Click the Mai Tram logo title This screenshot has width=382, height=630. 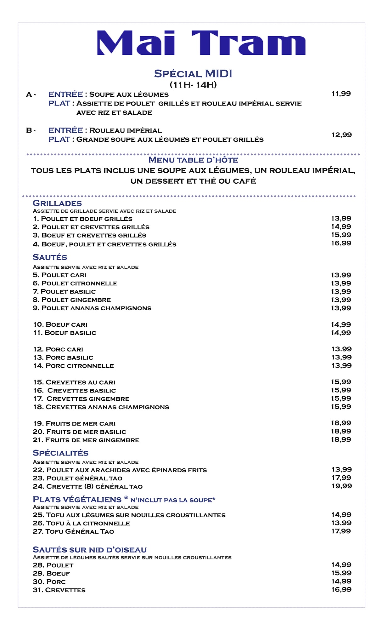point(201,43)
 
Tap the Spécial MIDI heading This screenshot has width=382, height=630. point(193,74)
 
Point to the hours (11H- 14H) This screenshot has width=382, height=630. point(193,85)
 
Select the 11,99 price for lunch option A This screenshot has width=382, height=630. point(341,94)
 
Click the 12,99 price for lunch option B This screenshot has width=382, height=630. point(341,135)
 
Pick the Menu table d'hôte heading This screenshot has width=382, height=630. point(193,160)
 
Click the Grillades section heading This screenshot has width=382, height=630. point(57,203)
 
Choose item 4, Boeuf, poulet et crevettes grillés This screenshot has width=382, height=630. point(104,244)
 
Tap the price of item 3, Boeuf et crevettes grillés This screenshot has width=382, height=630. point(341,235)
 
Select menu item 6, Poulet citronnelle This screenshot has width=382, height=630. point(75,283)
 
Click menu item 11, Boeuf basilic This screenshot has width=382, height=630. point(65,333)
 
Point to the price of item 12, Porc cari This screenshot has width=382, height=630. point(341,349)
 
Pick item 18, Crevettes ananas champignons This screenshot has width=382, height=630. point(101,407)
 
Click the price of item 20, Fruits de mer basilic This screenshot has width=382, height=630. point(341,431)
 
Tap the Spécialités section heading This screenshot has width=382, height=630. point(60,453)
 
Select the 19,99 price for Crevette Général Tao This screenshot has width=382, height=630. point(341,486)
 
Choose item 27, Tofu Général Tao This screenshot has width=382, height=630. point(73,531)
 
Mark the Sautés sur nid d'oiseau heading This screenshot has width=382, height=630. point(90,550)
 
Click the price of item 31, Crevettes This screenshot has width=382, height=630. point(341,589)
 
